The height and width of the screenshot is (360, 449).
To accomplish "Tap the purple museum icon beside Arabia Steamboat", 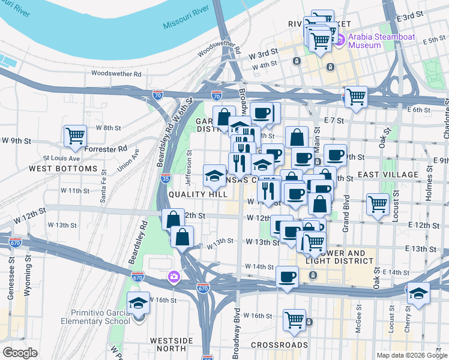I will pos(340,40).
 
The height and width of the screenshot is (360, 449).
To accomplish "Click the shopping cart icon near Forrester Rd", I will pos(75,136).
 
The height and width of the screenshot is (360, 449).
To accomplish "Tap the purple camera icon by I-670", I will pos(173,277).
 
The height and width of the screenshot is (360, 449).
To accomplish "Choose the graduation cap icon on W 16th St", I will pos(138,302).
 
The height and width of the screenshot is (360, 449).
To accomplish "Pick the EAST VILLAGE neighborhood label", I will pos(388,175).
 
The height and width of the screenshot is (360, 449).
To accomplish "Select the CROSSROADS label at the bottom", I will pos(279,345).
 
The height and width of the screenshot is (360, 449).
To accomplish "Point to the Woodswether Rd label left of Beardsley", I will pos(116,74).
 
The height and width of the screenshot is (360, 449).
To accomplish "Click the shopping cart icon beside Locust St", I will pos(378,205).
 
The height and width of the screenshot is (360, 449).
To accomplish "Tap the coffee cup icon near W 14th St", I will pos(287,277).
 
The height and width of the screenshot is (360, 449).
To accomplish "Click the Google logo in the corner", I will pos(20,352).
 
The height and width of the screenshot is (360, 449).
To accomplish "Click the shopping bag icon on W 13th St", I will pos(182,236).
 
